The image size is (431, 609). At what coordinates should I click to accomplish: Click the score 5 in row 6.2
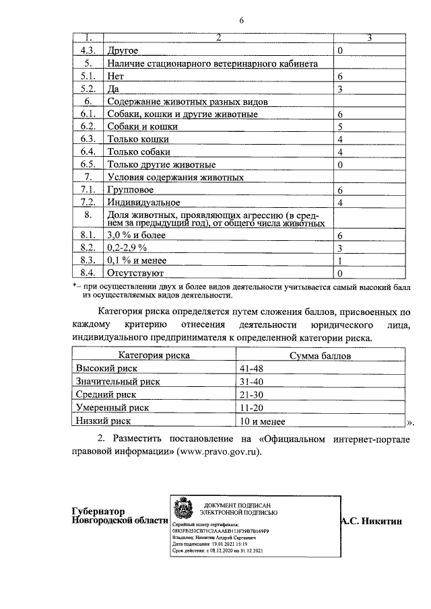pos(341,127)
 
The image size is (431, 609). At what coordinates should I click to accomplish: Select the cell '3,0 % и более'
pos(137,236)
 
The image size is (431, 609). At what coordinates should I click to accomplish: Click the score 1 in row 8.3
pos(341,261)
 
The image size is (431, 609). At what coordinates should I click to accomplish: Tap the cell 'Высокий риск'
pos(106,369)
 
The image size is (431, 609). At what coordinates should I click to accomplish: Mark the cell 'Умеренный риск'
pos(112,408)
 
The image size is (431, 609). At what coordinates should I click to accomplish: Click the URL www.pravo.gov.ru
pos(217,452)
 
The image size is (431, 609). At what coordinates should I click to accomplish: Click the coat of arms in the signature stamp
pos(183,508)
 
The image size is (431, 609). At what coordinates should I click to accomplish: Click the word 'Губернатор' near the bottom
pos(100,511)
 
